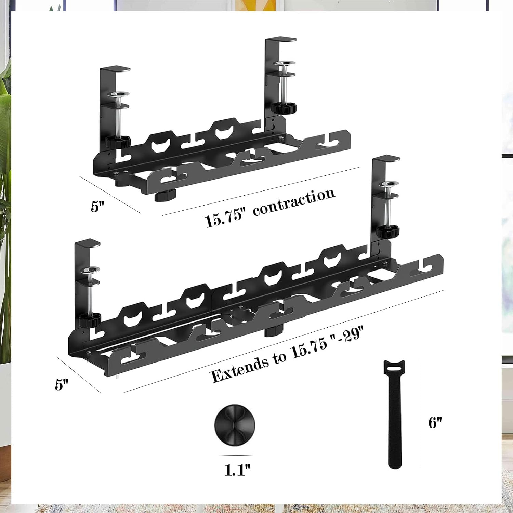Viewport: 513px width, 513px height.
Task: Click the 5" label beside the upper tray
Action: pyautogui.click(x=97, y=206)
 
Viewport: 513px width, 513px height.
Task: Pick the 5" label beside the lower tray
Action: pyautogui.click(x=62, y=384)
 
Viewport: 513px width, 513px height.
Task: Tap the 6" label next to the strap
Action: pyautogui.click(x=435, y=423)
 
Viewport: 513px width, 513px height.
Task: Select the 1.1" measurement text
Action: pyautogui.click(x=237, y=470)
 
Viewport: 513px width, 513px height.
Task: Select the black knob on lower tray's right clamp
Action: pyautogui.click(x=387, y=232)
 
